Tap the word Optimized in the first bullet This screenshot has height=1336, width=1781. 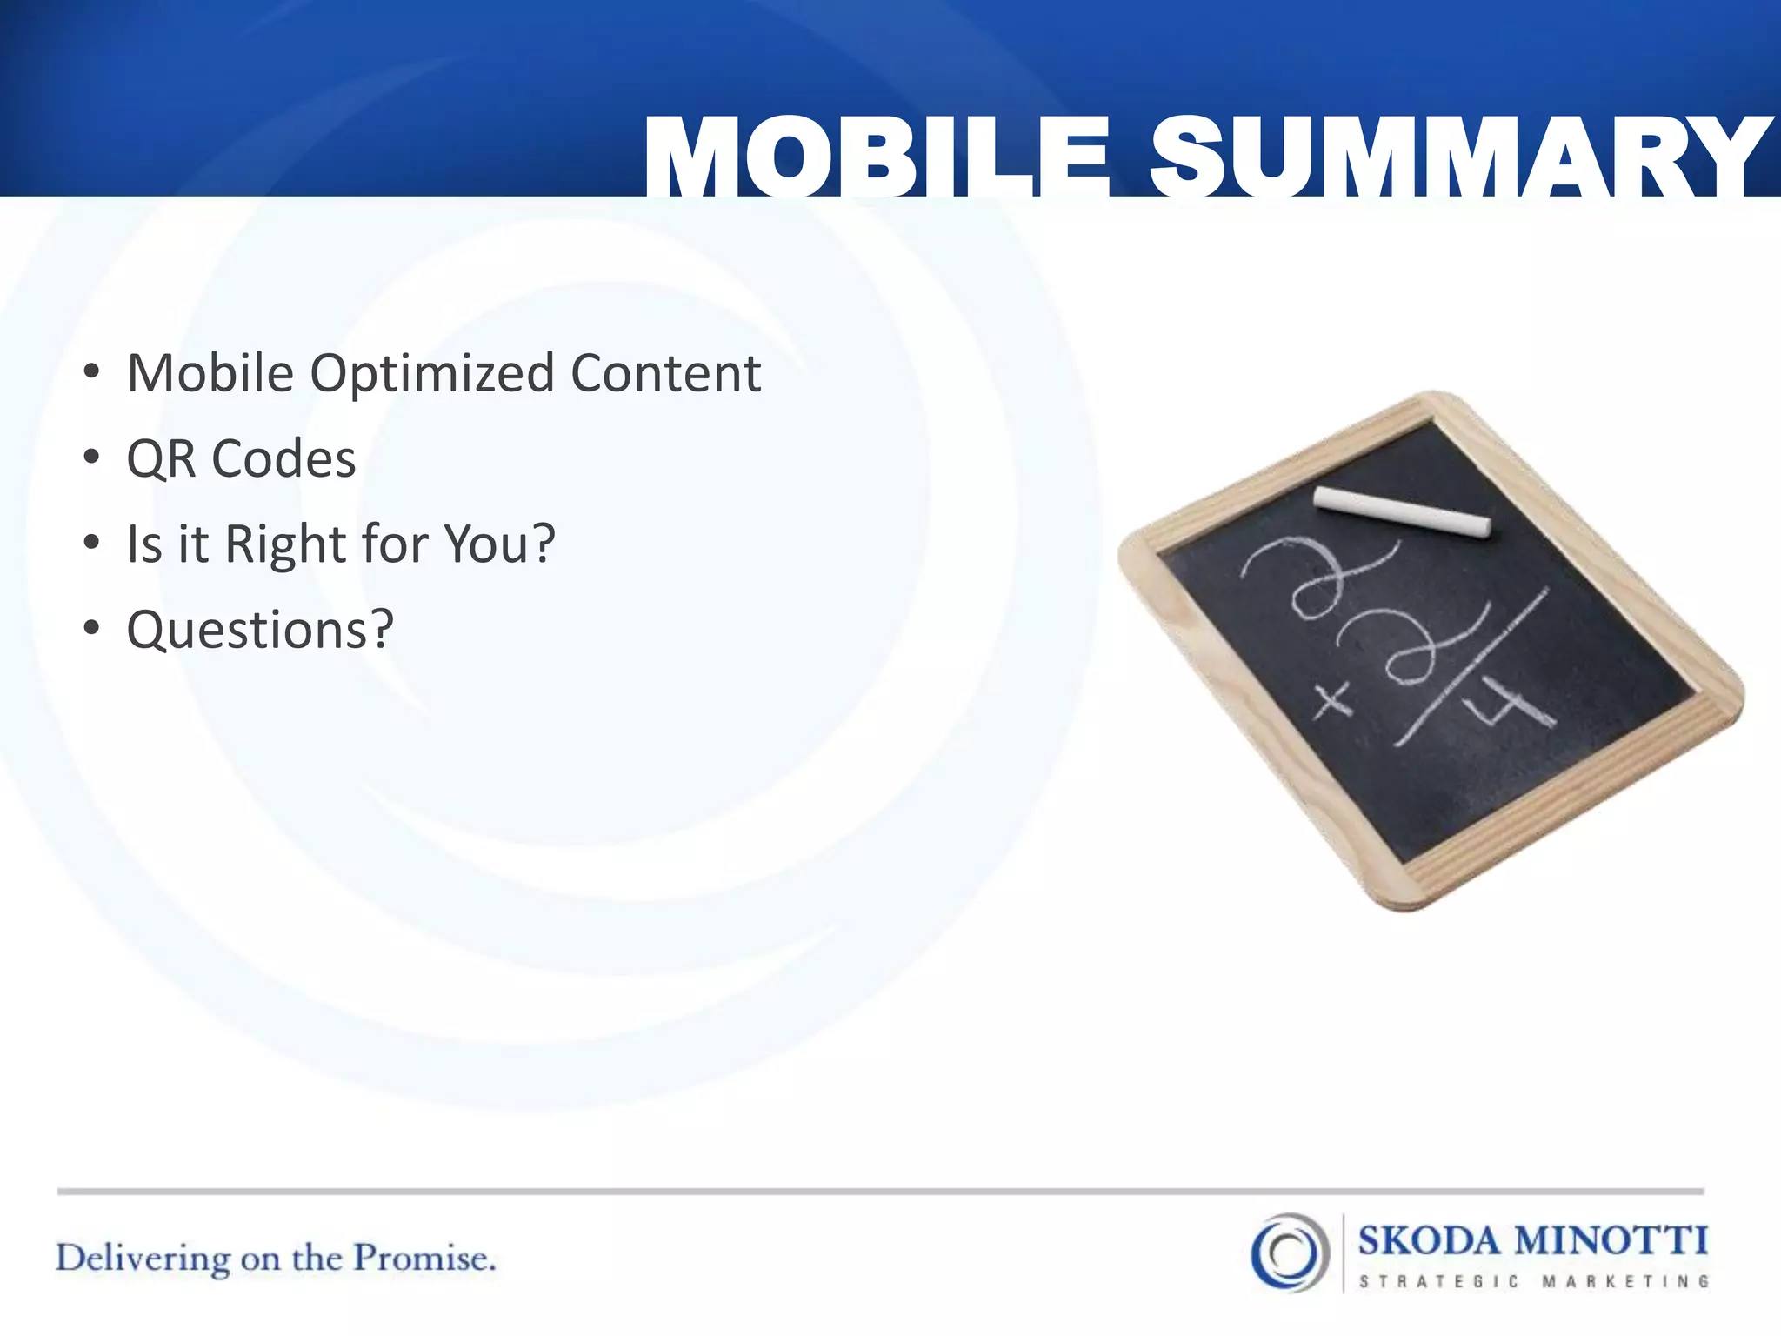tap(432, 375)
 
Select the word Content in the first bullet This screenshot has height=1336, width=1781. tap(665, 373)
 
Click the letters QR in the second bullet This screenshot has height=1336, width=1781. tap(162, 459)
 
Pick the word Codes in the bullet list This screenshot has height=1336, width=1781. tap(283, 459)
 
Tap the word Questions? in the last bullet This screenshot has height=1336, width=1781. tap(260, 630)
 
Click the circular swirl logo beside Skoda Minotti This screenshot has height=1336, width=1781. tap(1290, 1252)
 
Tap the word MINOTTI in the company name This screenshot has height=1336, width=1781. tap(1611, 1239)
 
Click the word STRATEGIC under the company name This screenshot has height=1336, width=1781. tap(1438, 1281)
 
